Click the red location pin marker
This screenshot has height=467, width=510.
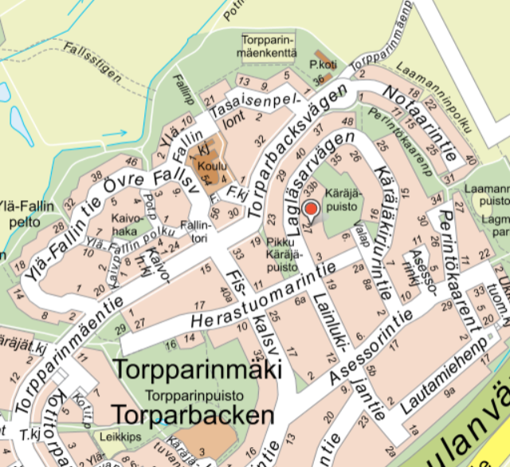(312, 210)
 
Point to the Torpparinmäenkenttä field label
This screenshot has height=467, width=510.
(268, 47)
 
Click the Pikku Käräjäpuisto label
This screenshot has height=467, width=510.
(283, 253)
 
